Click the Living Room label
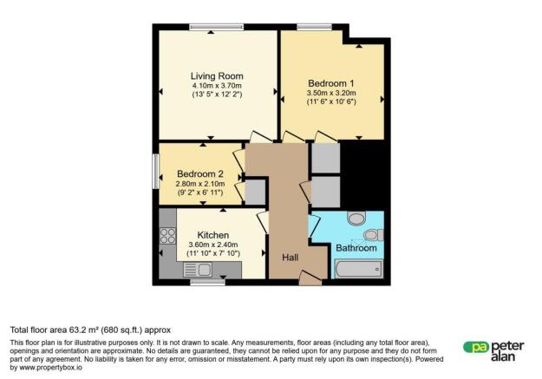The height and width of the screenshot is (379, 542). [217, 75]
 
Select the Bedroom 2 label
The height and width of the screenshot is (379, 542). [200, 173]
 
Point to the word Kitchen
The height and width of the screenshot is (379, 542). [212, 235]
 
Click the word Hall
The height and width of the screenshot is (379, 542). [291, 257]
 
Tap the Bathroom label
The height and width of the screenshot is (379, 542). [356, 248]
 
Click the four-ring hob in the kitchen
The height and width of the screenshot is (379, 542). [167, 236]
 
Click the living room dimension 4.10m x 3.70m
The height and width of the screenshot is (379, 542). [217, 86]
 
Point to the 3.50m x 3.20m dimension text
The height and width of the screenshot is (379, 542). [331, 94]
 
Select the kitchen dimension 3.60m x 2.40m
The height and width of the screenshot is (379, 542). [213, 245]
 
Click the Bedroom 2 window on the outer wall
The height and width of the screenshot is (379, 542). [156, 171]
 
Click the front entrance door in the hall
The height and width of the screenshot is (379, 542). [308, 278]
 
